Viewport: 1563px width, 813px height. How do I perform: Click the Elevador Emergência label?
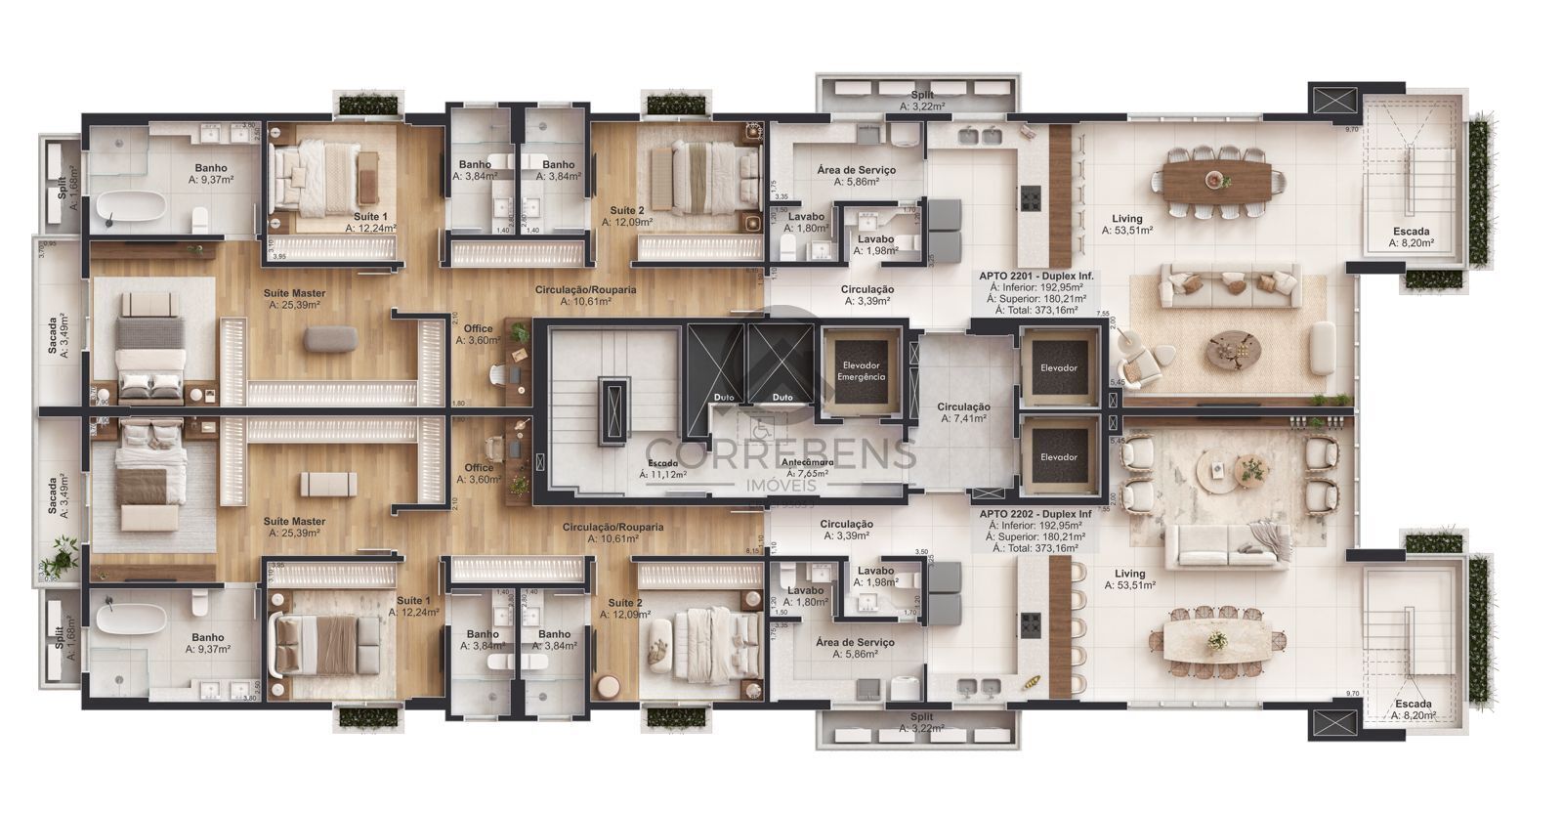[x=863, y=370]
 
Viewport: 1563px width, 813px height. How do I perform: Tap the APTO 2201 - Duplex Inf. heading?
[x=1035, y=277]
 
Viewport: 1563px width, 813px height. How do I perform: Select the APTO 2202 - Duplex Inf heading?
[x=1035, y=514]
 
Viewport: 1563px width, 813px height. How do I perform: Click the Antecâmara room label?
[x=806, y=463]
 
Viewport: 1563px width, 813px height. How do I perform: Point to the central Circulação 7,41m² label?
[x=963, y=412]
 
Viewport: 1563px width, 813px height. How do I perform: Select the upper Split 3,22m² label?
[x=922, y=101]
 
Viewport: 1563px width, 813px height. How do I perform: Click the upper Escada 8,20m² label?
[x=1412, y=237]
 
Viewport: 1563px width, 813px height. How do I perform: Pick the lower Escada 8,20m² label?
[x=1414, y=709]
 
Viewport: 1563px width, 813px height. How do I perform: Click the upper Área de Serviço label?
[x=856, y=176]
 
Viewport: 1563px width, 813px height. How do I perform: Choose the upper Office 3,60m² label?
[x=478, y=335]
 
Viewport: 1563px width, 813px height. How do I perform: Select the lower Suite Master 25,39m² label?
[x=296, y=527]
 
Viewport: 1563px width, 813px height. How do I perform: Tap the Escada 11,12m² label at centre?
[x=663, y=469]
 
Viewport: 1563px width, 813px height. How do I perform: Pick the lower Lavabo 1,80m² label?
[x=807, y=596]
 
